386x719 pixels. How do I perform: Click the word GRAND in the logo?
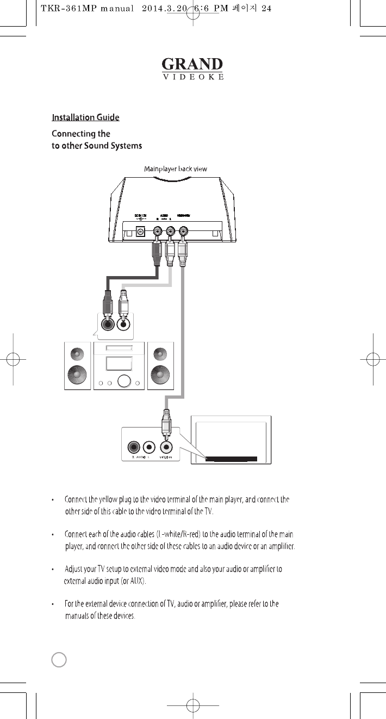(x=192, y=64)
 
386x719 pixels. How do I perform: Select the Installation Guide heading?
(x=85, y=117)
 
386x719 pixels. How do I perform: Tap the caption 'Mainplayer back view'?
(x=175, y=169)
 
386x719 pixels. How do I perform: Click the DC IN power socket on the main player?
(x=141, y=230)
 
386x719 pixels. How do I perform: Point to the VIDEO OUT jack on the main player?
(x=184, y=230)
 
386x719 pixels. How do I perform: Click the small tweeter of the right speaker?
(x=160, y=354)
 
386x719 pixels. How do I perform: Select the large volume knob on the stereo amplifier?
(x=125, y=382)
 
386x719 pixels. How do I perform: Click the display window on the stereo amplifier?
(x=120, y=364)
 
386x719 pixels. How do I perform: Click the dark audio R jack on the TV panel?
(x=134, y=447)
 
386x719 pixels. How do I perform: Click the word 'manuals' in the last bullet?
(x=80, y=616)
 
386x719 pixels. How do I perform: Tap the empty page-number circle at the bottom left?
(x=59, y=659)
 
